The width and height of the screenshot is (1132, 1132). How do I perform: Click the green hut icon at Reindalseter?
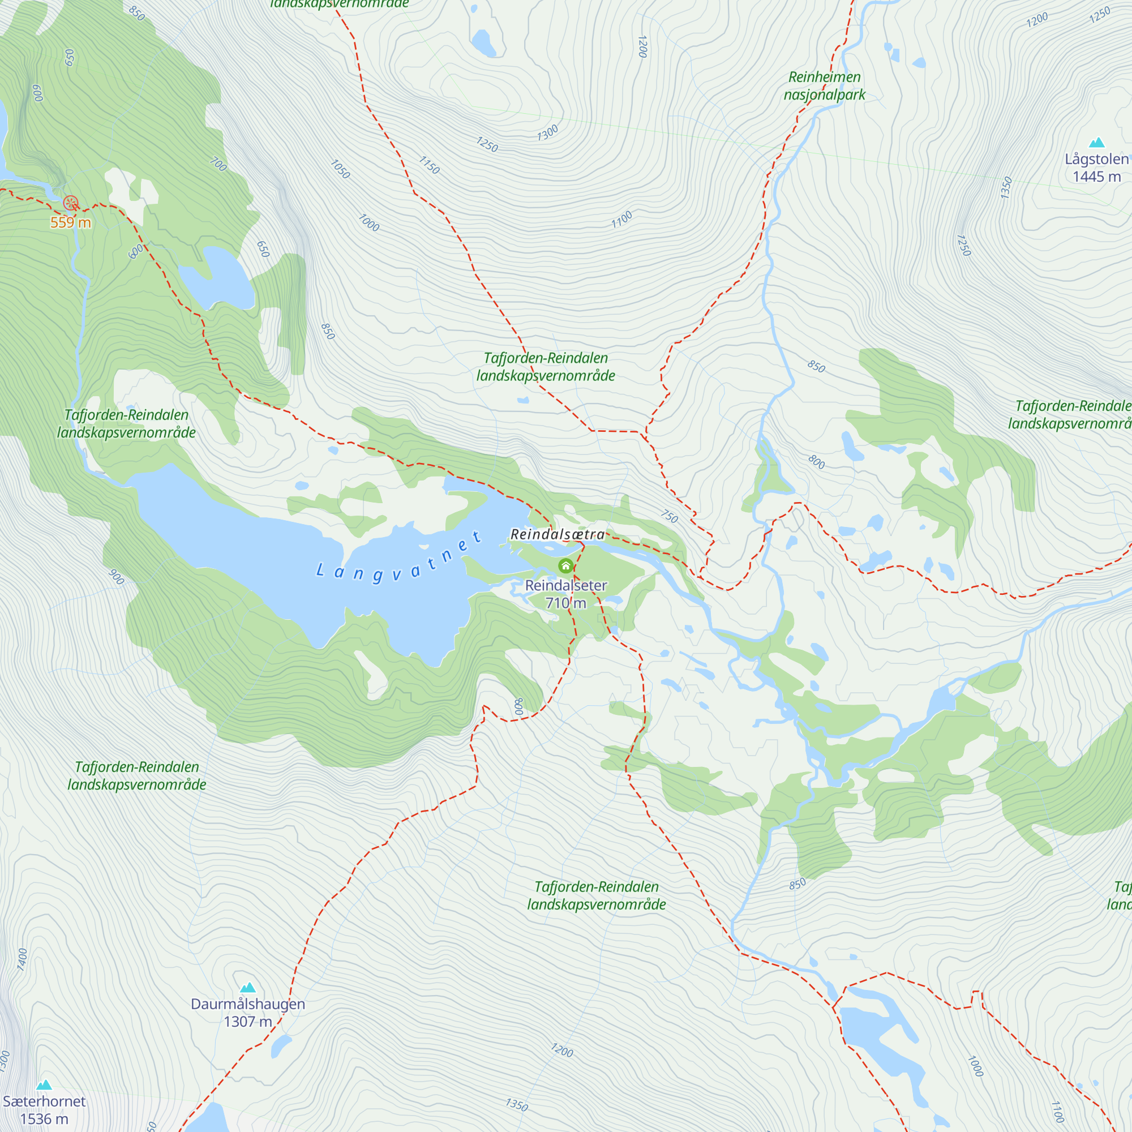pyautogui.click(x=565, y=565)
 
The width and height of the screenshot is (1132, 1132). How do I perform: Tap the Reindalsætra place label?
pyautogui.click(x=557, y=534)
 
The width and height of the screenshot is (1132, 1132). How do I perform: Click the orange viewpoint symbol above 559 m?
pyautogui.click(x=70, y=203)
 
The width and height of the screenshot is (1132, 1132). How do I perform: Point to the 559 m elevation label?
pyautogui.click(x=70, y=222)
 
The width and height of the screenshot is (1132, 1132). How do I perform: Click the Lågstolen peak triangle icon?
pyautogui.click(x=1096, y=143)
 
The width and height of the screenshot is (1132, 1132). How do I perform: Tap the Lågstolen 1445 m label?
pyautogui.click(x=1096, y=168)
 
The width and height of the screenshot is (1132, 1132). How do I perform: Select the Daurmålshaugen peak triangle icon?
pyautogui.click(x=248, y=988)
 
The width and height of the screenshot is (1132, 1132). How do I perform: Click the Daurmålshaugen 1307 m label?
pyautogui.click(x=248, y=1013)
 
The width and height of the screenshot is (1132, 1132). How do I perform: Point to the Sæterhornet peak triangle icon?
pyautogui.click(x=44, y=1085)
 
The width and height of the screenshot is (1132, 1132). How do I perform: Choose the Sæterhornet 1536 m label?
pyautogui.click(x=44, y=1109)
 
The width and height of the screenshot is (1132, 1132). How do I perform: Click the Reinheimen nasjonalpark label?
pyautogui.click(x=825, y=85)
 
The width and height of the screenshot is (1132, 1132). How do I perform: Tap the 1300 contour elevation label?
pyautogui.click(x=547, y=133)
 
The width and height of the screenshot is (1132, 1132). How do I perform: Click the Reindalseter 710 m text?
pyautogui.click(x=565, y=594)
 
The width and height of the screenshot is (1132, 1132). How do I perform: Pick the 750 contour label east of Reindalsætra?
pyautogui.click(x=669, y=516)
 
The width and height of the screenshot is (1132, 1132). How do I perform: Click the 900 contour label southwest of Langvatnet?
pyautogui.click(x=117, y=577)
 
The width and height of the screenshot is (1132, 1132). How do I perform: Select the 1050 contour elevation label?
pyautogui.click(x=340, y=169)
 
